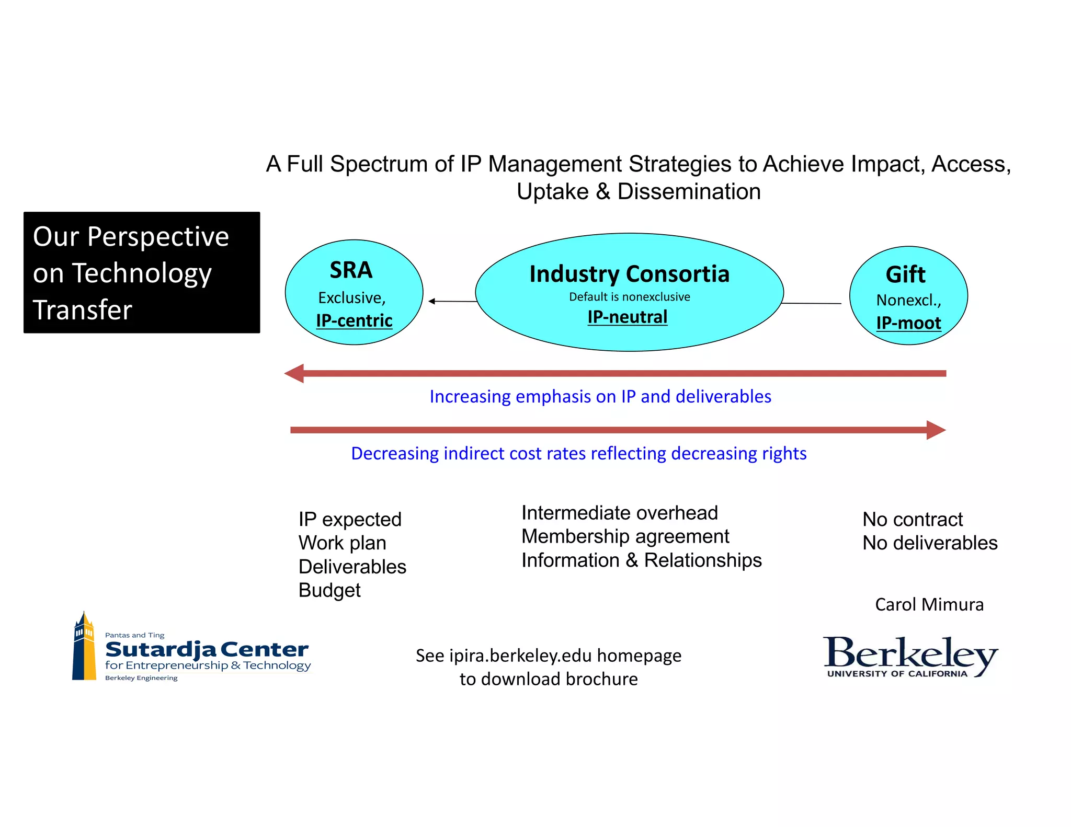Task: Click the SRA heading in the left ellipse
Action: tap(351, 270)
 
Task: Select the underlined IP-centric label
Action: tap(354, 320)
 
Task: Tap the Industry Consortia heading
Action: tap(629, 274)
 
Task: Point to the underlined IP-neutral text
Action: tap(628, 317)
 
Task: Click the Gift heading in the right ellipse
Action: tap(905, 274)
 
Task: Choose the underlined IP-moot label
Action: tap(908, 323)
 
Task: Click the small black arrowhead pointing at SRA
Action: tap(432, 301)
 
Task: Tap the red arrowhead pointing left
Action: tap(294, 373)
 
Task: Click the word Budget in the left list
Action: tap(329, 590)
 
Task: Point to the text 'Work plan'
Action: tap(342, 543)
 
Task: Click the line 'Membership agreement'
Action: tap(625, 536)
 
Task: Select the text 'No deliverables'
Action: tap(930, 543)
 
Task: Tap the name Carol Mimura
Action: tap(929, 604)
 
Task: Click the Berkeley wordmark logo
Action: tap(910, 656)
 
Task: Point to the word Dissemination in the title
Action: tap(689, 191)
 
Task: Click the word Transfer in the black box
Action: tap(83, 309)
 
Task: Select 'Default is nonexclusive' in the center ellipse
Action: tap(629, 297)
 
